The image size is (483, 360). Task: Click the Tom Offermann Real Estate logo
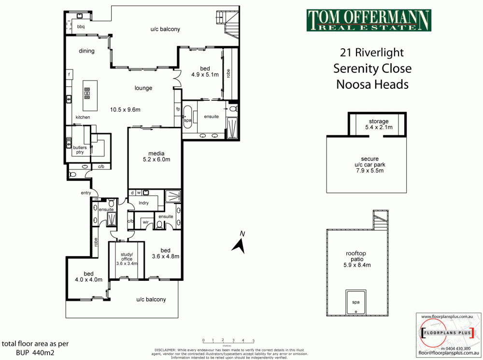(x=369, y=20)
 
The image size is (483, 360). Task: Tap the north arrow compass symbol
(x=239, y=244)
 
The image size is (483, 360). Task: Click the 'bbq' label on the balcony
(x=81, y=27)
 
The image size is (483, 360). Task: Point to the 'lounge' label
(x=143, y=88)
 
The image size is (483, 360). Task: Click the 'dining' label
(x=86, y=51)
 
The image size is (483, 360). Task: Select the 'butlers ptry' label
(x=78, y=150)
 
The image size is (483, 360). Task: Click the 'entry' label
(x=86, y=193)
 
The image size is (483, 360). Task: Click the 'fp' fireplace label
(x=177, y=109)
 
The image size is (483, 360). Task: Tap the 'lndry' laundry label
(x=143, y=203)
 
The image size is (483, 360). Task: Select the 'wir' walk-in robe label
(x=145, y=222)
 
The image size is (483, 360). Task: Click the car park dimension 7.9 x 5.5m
(x=369, y=171)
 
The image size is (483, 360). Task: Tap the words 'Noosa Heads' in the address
(x=372, y=84)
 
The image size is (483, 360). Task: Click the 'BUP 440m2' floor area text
(x=24, y=353)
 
